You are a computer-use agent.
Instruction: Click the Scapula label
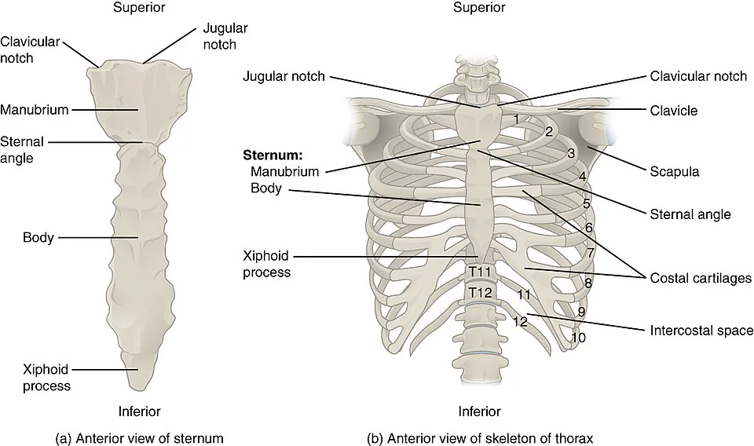674,172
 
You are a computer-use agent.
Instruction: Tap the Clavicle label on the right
674,111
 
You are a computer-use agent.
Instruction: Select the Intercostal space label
701,331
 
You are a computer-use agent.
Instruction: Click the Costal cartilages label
701,278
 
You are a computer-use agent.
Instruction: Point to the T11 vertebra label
480,272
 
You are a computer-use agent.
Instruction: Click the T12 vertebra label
480,292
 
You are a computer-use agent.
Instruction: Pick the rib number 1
515,119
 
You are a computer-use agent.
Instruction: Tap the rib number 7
591,252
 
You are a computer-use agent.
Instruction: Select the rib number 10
579,338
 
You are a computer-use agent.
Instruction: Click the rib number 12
520,321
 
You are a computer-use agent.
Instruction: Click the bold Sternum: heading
273,155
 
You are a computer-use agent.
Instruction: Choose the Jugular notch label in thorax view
284,76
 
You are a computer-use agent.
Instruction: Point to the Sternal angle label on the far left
22,150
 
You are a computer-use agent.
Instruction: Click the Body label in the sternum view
38,237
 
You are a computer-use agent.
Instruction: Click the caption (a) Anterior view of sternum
140,438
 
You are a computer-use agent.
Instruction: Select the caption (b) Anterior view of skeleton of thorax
480,438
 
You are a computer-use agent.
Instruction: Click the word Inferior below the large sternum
140,411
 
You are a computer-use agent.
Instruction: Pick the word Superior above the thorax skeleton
479,7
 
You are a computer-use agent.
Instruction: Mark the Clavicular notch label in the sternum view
30,50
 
